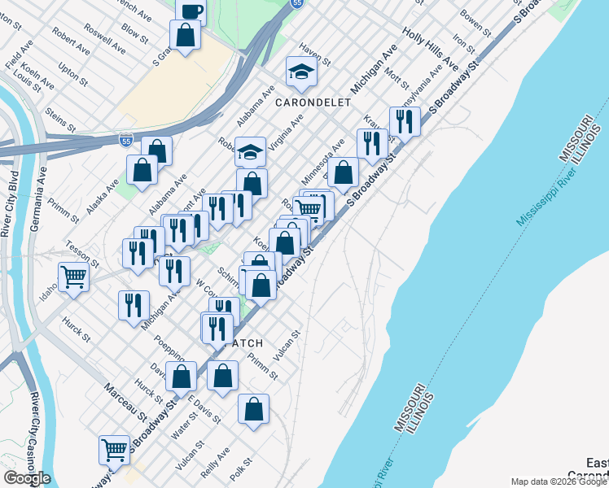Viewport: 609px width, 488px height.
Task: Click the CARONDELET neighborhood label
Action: tap(313, 102)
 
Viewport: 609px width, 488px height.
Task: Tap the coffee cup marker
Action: tap(191, 11)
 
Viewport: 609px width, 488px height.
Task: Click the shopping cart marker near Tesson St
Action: tap(73, 277)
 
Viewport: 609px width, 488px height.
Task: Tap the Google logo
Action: tap(27, 478)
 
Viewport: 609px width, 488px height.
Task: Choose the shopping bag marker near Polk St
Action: tap(253, 408)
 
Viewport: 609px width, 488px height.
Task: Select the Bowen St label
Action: tap(477, 22)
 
